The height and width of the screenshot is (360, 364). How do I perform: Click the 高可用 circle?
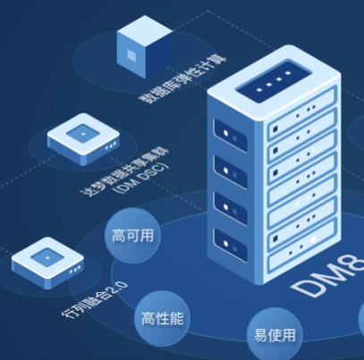point(132,236)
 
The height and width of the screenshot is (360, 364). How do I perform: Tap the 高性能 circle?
point(162,318)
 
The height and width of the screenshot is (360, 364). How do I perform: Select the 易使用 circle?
point(275,335)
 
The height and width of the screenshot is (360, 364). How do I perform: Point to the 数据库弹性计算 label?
point(182,80)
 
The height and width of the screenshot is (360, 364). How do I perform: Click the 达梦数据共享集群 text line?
point(125,172)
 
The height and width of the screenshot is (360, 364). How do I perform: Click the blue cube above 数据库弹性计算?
point(144,46)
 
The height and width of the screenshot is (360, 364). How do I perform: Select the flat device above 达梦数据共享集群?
point(83,138)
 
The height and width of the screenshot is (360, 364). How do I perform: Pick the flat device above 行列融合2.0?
point(47,263)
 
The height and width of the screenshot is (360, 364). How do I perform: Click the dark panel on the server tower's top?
point(274,80)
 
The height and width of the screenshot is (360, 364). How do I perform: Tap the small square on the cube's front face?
point(131,54)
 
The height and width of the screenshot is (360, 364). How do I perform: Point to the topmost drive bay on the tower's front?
point(302,113)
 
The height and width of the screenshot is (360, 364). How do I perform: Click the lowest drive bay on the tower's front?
point(302,251)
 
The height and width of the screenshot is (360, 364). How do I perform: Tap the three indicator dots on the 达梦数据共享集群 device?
point(111,146)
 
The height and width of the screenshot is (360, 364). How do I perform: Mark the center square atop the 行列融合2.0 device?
point(47,256)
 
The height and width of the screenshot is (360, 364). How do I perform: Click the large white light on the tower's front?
point(313,239)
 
